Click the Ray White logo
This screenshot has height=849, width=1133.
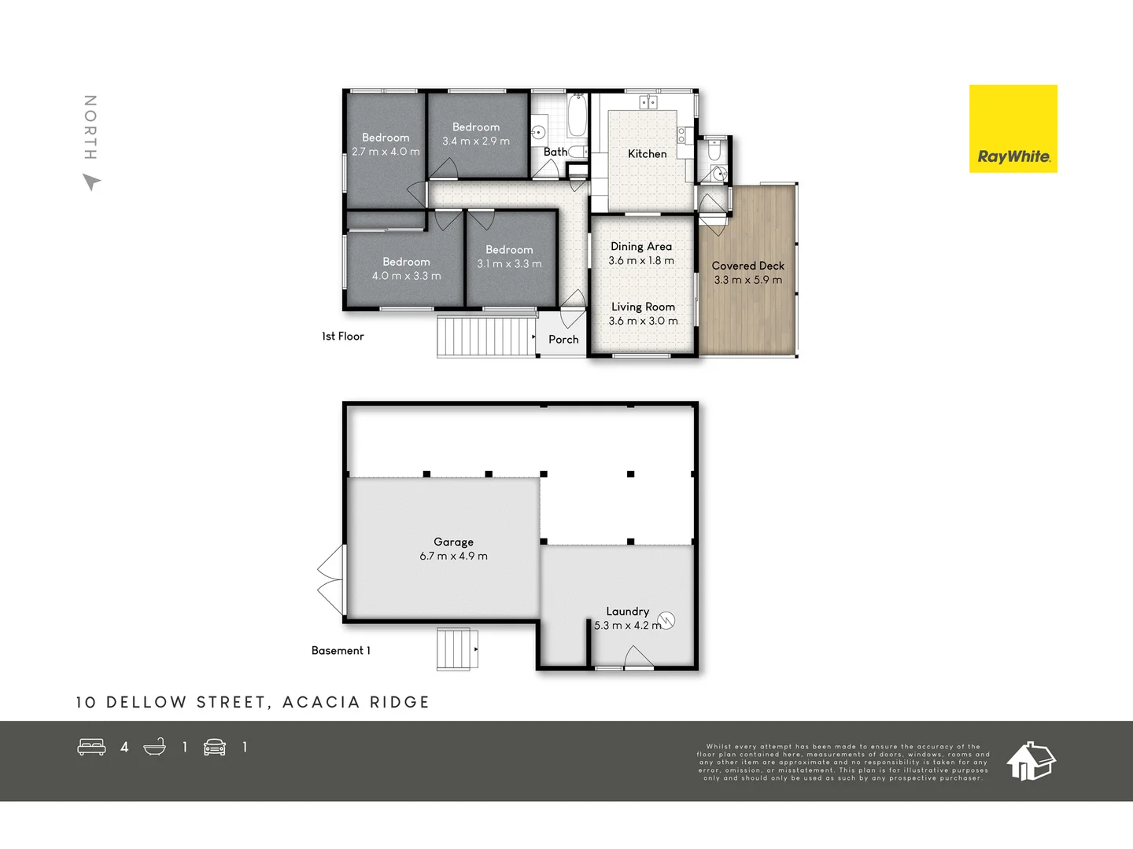[x=1013, y=129]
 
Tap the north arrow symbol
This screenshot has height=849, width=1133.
[x=92, y=182]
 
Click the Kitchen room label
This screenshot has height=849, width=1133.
[x=647, y=154]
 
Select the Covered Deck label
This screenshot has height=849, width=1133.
[x=747, y=266]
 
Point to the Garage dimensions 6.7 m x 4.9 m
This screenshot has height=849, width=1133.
[x=453, y=557]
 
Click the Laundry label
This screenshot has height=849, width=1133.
[x=627, y=612]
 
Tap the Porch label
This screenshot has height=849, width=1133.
[x=563, y=340]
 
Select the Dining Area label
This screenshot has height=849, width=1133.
[x=641, y=247]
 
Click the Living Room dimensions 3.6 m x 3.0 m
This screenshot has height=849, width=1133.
[x=643, y=321]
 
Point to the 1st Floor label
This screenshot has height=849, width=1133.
[x=343, y=336]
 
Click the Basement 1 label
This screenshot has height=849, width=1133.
[x=341, y=651]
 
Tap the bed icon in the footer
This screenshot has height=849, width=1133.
[x=91, y=747]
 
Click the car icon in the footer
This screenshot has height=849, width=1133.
[x=215, y=747]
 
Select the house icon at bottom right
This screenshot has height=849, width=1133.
[x=1031, y=760]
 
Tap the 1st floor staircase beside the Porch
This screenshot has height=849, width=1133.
[x=485, y=336]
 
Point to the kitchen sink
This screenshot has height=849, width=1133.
[x=648, y=102]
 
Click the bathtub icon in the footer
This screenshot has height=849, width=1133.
[x=155, y=747]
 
